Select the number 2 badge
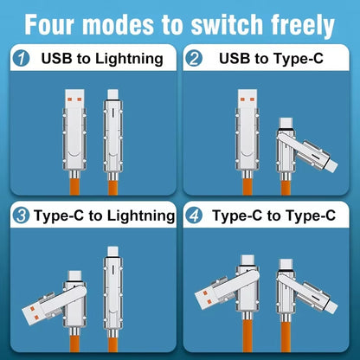[x=196, y=60]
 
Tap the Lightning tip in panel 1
[x=112, y=95]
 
